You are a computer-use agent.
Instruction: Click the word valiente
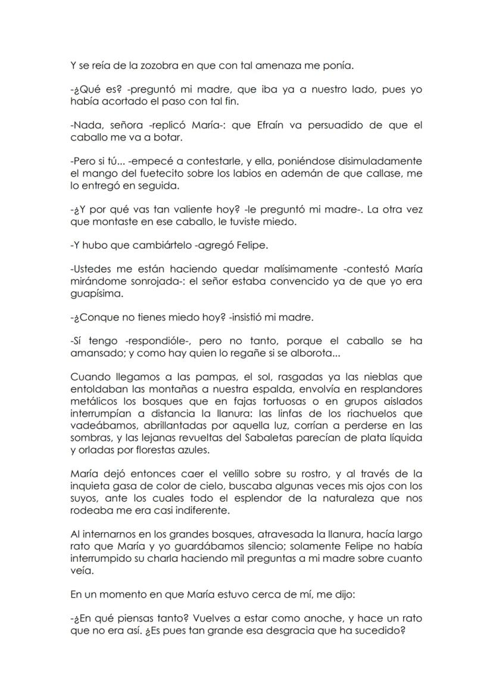click(170, 210)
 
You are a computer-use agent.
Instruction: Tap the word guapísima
click(95, 293)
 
